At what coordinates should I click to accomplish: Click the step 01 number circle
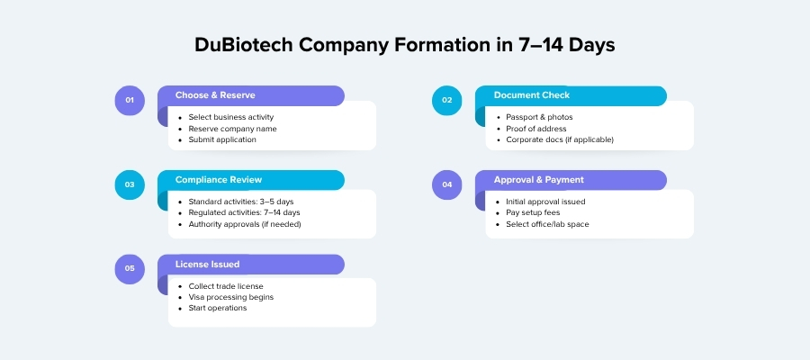[x=130, y=100]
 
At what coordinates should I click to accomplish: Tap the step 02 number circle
[x=447, y=100]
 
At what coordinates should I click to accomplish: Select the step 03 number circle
[x=130, y=184]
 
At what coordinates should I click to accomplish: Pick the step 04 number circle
[x=447, y=184]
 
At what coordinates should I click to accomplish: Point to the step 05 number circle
[x=130, y=268]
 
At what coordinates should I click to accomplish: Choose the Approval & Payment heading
[x=538, y=180]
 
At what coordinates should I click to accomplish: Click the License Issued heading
[x=207, y=265]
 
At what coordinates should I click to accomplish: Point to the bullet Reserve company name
[x=232, y=129]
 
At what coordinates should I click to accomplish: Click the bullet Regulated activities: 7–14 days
[x=244, y=212]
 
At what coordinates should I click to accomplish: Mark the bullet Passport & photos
[x=539, y=117]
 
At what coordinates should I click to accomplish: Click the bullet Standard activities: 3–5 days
[x=242, y=202]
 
